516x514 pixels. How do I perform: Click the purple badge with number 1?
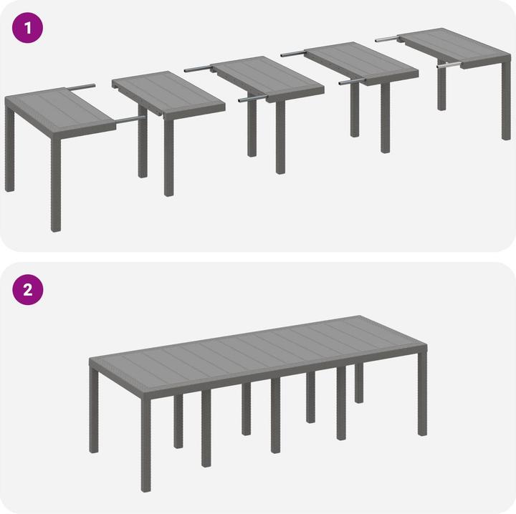click(28, 28)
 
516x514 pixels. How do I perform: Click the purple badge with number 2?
click(28, 289)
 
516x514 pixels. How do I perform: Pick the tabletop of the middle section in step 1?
click(267, 79)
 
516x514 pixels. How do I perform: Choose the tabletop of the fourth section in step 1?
click(361, 63)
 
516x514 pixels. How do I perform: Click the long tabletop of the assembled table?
click(258, 354)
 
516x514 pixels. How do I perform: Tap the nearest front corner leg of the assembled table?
click(145, 445)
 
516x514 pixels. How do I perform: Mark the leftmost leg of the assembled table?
click(94, 410)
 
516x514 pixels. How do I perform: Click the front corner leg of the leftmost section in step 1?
click(56, 185)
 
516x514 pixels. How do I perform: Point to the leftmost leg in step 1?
click(9, 149)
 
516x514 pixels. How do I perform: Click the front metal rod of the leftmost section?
click(130, 120)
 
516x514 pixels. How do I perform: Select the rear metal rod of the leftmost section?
click(81, 87)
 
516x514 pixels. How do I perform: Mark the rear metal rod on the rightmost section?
click(387, 39)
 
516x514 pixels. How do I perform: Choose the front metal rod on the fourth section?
click(351, 82)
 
